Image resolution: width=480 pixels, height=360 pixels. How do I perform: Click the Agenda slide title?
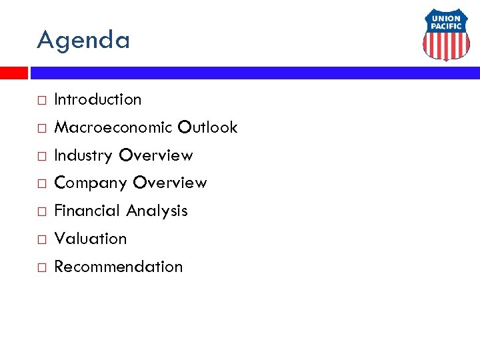tap(83, 41)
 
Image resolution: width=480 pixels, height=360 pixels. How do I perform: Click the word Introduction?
tap(97, 99)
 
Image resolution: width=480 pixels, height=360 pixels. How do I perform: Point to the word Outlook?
tap(207, 127)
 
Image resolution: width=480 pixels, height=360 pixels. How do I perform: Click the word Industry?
tap(83, 155)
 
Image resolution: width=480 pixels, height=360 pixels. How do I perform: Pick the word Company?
tap(91, 183)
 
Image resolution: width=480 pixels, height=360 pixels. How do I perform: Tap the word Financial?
tap(87, 211)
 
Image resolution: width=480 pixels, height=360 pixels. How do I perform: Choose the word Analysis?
tap(157, 211)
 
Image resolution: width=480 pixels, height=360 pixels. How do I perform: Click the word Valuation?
tap(90, 239)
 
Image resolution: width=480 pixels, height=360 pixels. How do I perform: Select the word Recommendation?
tap(118, 267)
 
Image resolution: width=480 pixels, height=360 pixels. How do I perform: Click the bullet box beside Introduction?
tap(41, 101)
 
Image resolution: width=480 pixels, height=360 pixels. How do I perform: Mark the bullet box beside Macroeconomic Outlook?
tap(41, 129)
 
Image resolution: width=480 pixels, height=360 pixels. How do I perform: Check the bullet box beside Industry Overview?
tap(41, 157)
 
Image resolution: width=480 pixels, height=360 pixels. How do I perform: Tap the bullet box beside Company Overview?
tap(41, 184)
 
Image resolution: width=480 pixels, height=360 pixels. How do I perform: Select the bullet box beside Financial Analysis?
tap(41, 212)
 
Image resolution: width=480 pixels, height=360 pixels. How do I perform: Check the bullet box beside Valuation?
tap(41, 240)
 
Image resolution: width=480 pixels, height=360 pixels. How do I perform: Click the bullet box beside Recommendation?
tap(41, 268)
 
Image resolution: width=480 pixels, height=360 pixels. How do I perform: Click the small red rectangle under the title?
tap(13, 73)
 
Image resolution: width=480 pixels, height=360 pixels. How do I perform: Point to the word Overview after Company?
tap(170, 183)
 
